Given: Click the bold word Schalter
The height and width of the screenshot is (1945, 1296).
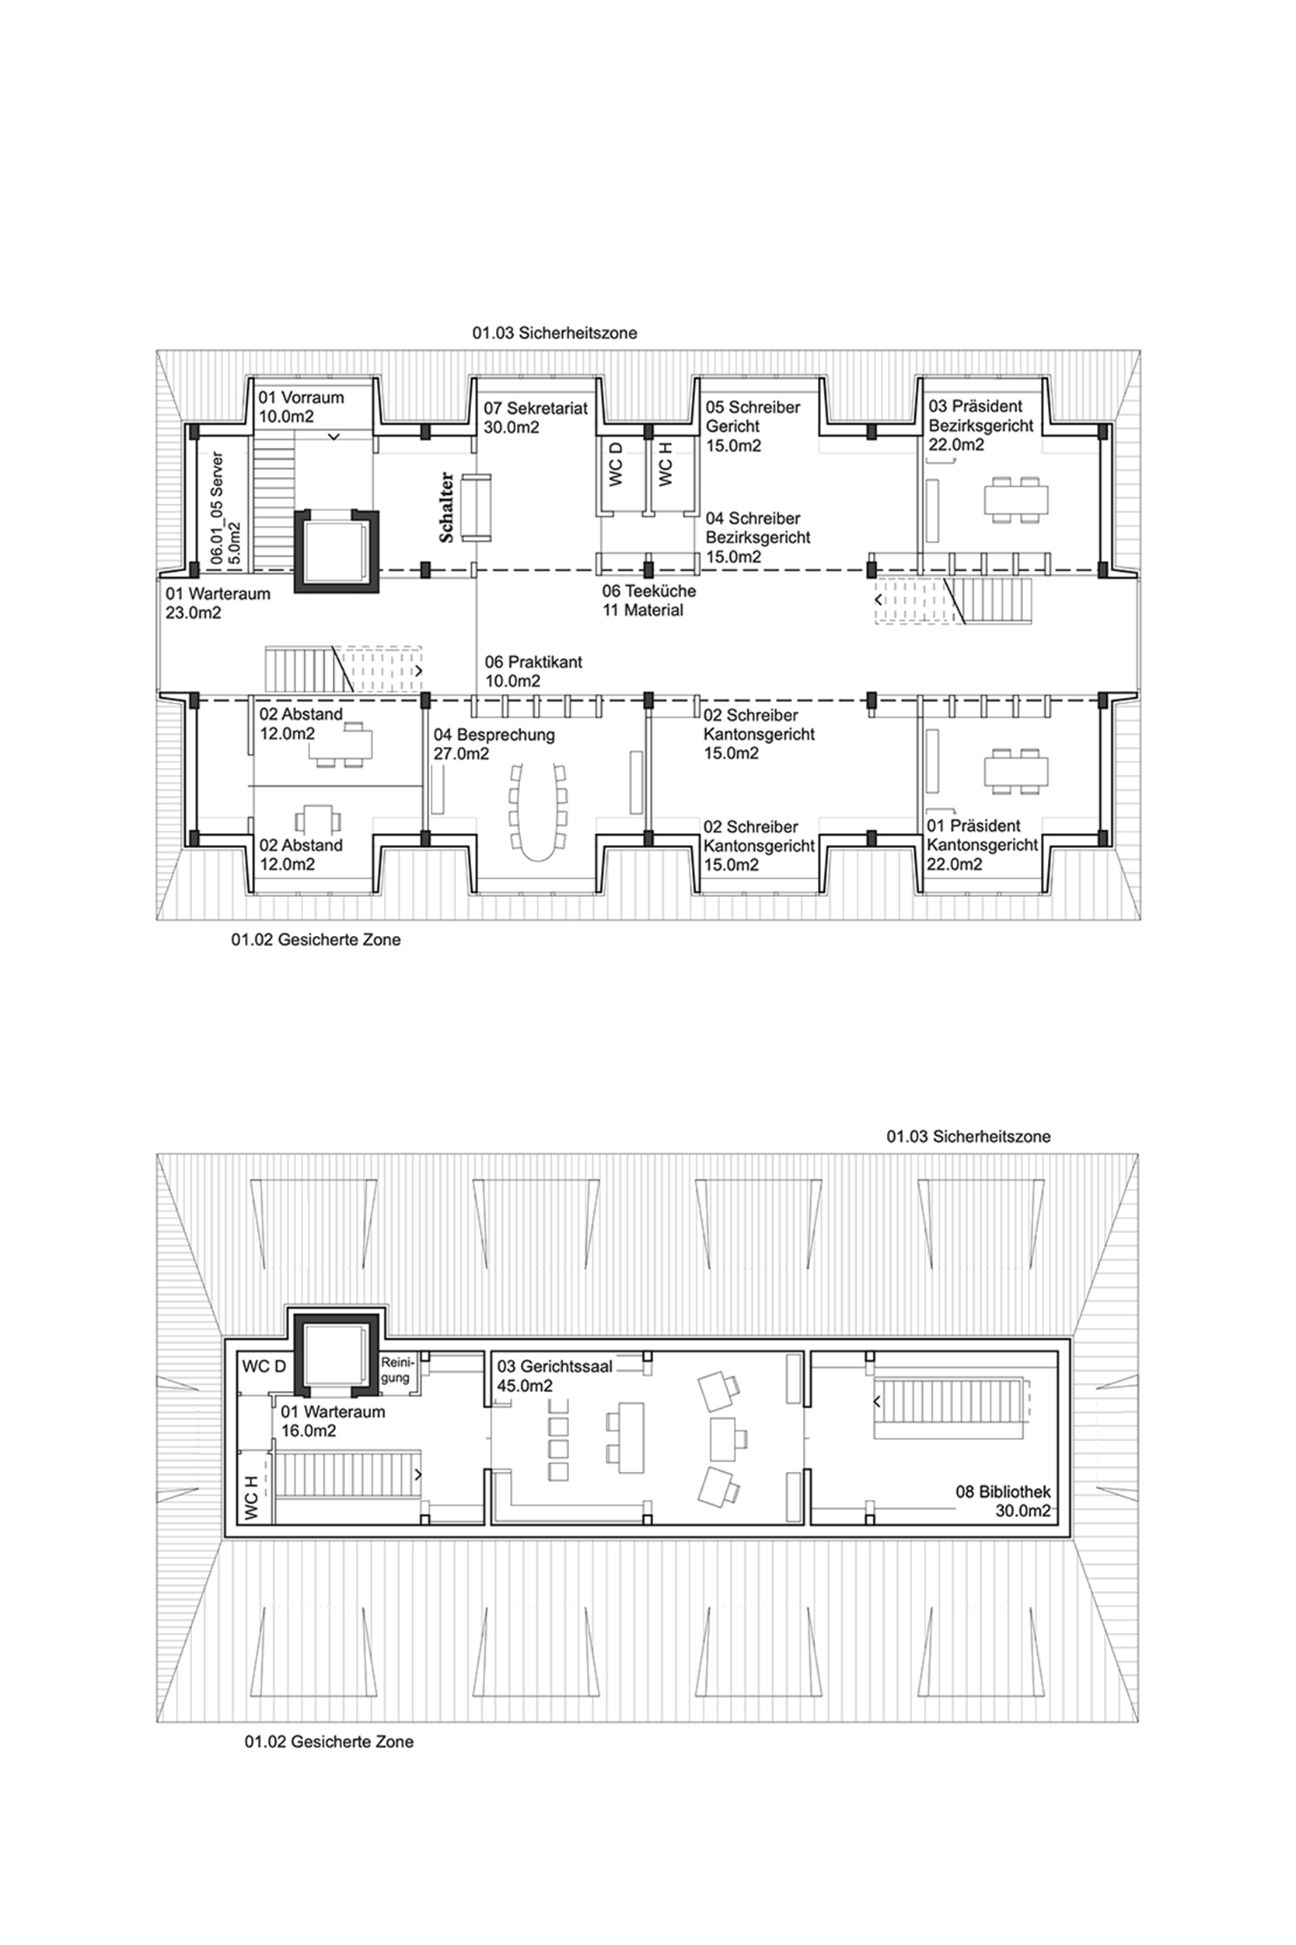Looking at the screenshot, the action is [x=446, y=507].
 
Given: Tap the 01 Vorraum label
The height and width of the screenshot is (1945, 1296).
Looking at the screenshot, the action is [x=301, y=407].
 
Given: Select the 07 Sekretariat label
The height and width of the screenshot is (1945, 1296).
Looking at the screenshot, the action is [x=536, y=418].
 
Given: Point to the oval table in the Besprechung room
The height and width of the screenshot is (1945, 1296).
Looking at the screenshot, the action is [x=538, y=811].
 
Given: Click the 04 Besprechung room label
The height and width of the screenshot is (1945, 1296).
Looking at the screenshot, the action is [x=494, y=744].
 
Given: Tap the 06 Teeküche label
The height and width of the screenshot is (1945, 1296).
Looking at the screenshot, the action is [x=649, y=591].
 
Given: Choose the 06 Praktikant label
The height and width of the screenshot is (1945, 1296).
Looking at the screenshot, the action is [x=533, y=671].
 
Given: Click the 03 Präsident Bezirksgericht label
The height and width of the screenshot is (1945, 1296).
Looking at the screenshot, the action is [x=980, y=425].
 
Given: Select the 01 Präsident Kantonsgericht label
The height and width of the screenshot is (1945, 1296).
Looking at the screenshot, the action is [x=982, y=844].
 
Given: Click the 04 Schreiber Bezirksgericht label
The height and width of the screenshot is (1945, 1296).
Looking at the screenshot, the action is [x=758, y=537].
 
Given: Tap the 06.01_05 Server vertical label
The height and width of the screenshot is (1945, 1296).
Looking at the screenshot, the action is [x=225, y=508].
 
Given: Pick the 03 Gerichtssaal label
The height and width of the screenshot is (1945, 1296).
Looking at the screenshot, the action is [x=554, y=1376].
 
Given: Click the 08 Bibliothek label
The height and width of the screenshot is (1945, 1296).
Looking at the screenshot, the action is [x=1004, y=1501].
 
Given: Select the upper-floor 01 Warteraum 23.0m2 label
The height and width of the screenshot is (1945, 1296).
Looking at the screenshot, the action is [x=218, y=603].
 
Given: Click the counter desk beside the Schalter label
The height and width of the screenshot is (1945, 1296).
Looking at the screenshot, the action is [x=475, y=508].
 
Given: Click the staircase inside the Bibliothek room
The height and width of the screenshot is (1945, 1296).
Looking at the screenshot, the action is [x=951, y=1401].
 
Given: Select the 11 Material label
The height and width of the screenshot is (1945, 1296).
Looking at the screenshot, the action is [x=643, y=610].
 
